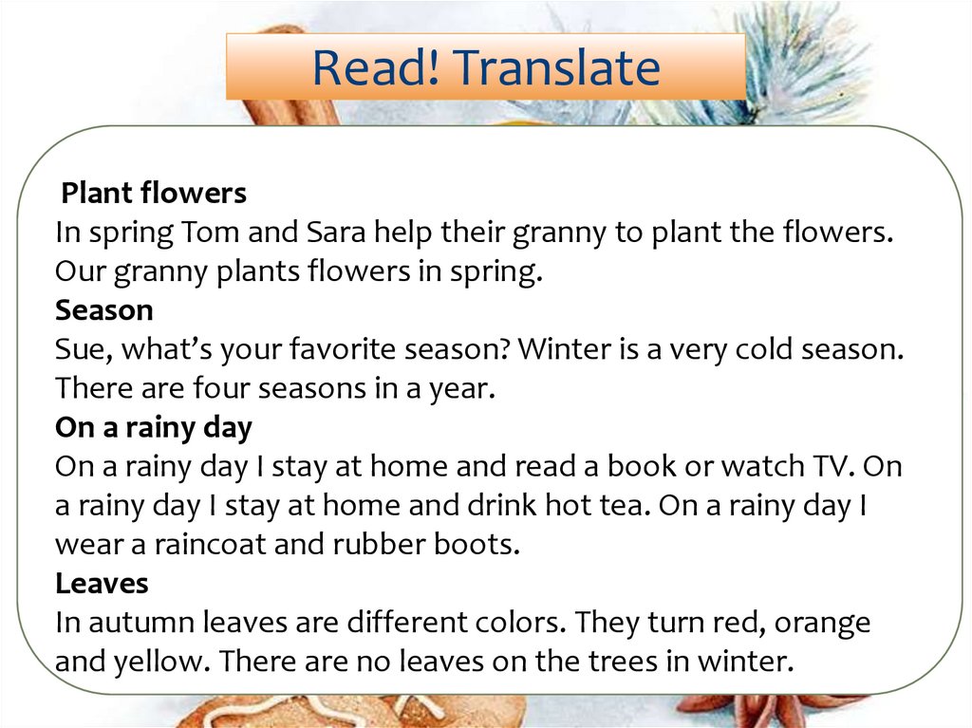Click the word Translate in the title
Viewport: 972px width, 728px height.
pos(556,67)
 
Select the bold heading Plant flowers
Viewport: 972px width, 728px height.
pos(154,194)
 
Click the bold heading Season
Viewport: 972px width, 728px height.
pos(104,310)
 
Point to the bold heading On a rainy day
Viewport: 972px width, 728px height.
pos(154,427)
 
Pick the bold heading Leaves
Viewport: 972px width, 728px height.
pos(102,583)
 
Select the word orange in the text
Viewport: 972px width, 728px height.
pos(818,622)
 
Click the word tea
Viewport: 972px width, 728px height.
pos(622,505)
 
